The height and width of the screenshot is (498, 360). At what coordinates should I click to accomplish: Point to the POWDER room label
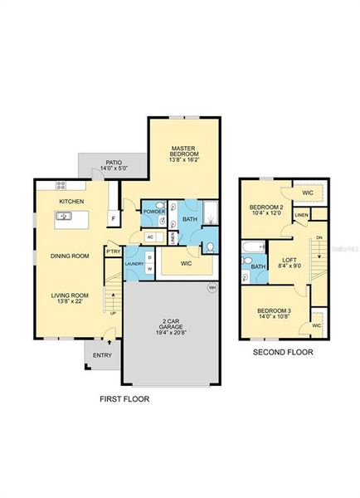tap(154, 212)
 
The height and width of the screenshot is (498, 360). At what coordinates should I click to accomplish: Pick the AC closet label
tap(150, 237)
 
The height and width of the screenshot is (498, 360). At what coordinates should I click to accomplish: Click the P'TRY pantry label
tap(111, 251)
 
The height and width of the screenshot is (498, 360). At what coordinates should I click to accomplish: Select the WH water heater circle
tap(212, 288)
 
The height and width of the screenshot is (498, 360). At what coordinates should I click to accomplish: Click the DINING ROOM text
tap(69, 256)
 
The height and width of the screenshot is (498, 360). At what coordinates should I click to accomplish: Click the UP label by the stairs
tap(113, 314)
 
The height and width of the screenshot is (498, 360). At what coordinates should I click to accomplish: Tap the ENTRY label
tap(101, 355)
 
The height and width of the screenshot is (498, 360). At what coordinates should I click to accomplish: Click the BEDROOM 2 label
tap(266, 207)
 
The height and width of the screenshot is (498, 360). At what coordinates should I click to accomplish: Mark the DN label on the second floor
tap(319, 238)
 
